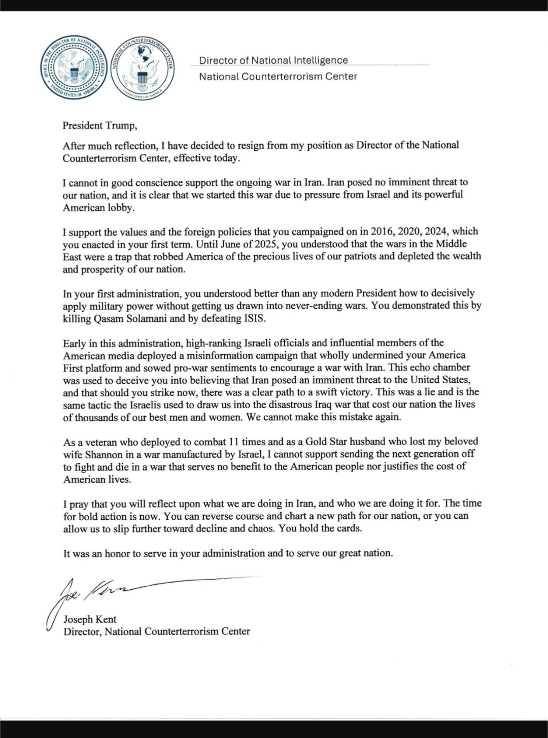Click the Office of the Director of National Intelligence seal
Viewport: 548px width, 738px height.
coord(75,68)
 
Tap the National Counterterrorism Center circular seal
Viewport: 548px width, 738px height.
coord(143,68)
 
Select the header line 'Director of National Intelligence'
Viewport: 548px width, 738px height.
coord(273,60)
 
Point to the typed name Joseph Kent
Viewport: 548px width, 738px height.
coord(90,619)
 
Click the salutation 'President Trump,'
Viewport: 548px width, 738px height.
coord(100,125)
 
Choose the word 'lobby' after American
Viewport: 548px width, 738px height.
coord(122,207)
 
